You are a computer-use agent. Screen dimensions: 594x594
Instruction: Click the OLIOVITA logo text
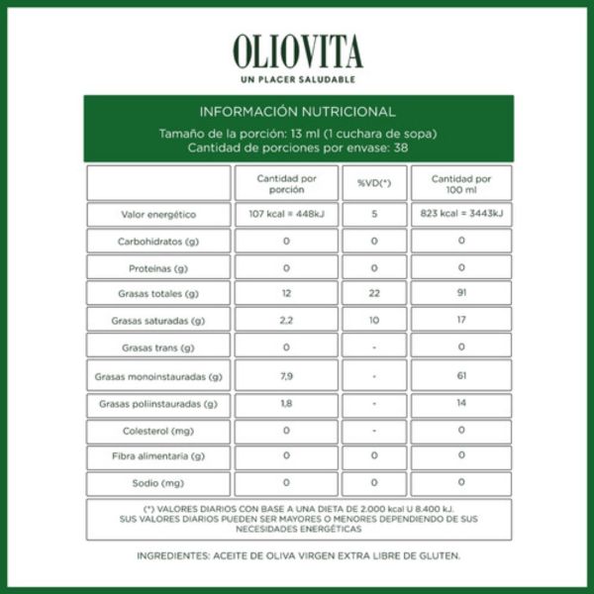[x=297, y=52]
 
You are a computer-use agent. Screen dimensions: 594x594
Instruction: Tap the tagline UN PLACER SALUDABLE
[x=297, y=79]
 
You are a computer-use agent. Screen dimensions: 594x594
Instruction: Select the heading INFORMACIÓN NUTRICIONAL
[x=297, y=112]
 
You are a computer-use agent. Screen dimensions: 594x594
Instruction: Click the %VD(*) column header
[x=374, y=183]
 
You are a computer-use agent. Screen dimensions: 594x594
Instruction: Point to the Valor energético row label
[x=158, y=214]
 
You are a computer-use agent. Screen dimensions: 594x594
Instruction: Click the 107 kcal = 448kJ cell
[x=286, y=214]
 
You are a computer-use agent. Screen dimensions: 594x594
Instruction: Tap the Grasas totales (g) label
[x=158, y=294]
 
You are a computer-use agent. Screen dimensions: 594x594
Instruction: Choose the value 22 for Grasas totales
[x=374, y=293]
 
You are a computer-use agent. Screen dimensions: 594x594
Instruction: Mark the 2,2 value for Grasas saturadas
[x=286, y=321]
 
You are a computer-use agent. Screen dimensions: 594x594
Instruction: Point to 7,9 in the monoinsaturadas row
[x=286, y=376]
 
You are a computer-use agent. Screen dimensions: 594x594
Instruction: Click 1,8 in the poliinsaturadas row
[x=286, y=403]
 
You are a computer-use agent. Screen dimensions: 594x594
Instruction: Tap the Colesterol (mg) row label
[x=158, y=431]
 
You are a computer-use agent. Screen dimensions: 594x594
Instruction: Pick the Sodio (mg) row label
[x=158, y=484]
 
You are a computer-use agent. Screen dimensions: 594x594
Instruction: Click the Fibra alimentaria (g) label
[x=158, y=456]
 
